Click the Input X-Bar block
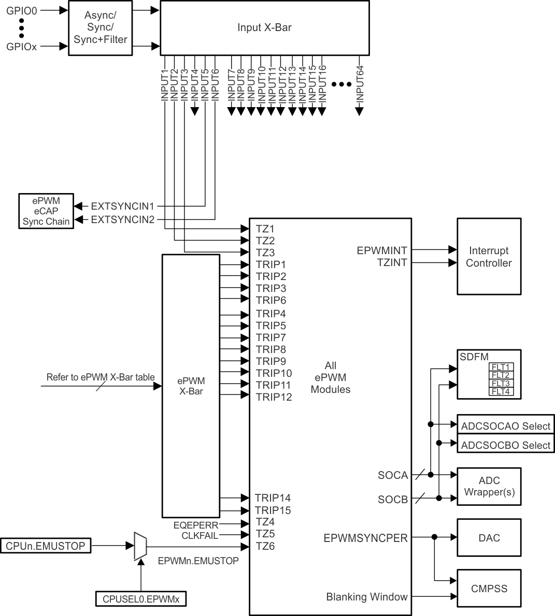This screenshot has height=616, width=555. point(264,27)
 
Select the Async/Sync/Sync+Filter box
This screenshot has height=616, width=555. point(100,27)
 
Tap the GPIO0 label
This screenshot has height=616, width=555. point(21,10)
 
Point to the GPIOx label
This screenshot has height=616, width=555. point(21,47)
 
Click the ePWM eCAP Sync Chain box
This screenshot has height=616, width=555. point(46,211)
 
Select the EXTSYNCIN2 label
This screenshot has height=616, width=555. point(122,219)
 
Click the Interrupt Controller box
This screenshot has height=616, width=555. point(488,257)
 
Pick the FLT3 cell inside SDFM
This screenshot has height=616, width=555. point(501,384)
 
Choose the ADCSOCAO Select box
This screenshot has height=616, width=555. point(505,426)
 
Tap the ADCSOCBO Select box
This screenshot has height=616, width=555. point(505,445)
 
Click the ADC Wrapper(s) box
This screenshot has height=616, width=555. point(489,486)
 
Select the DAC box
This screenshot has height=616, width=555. point(489,538)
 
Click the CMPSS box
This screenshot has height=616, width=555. point(489,589)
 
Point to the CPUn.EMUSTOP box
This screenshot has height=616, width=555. point(46,546)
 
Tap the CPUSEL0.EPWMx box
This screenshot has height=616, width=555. point(140,599)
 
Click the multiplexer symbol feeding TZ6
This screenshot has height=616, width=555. point(140,546)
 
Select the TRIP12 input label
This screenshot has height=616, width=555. point(274,397)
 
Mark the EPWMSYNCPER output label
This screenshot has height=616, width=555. point(365,538)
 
